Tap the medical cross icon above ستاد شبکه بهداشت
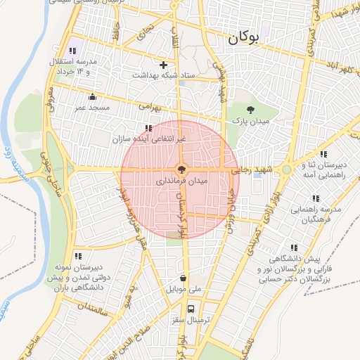tap(164, 65)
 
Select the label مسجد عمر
tap(92, 107)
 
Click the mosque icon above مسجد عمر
tap(92, 97)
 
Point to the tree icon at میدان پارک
tap(250, 109)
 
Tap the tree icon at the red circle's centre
tap(180, 169)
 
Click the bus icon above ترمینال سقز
tap(191, 309)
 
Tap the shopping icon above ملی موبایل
tap(184, 278)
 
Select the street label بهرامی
tap(150, 108)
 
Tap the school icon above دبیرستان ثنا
tap(323, 154)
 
